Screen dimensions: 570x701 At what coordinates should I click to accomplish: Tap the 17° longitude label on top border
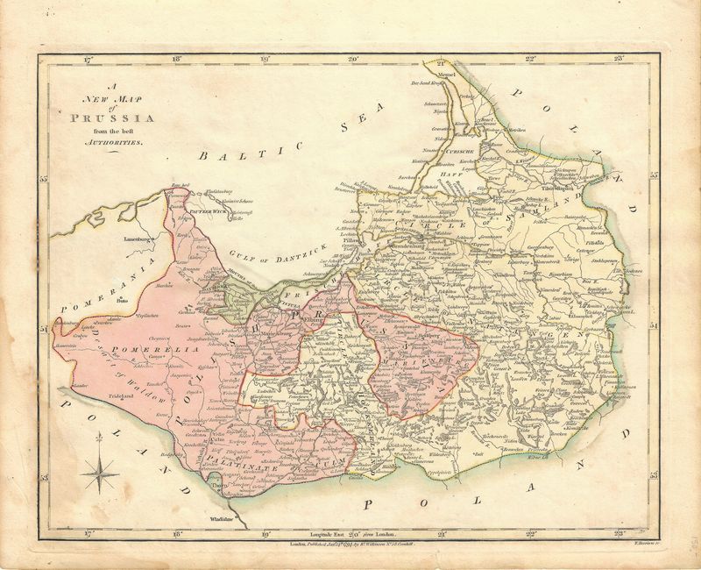pyautogui.click(x=87, y=61)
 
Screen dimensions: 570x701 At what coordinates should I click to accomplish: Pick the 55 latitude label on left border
pyautogui.click(x=43, y=181)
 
